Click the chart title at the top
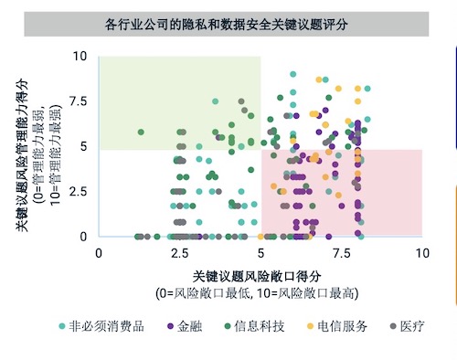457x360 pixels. (x=226, y=25)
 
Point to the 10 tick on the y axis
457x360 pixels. (x=80, y=56)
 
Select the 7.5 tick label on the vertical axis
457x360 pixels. (x=79, y=101)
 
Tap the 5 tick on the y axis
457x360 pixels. (x=83, y=146)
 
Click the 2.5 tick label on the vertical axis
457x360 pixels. (x=79, y=192)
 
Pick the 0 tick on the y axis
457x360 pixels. (x=83, y=237)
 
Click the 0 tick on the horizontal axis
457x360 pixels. (x=99, y=253)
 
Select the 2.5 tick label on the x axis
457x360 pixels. (x=180, y=253)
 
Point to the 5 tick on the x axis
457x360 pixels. (x=260, y=253)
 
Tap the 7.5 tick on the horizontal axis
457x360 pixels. (x=342, y=253)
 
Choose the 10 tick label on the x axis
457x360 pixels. (x=422, y=253)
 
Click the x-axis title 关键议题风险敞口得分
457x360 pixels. (x=257, y=276)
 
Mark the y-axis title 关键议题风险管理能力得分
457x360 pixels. (x=22, y=155)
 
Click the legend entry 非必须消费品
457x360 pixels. (x=101, y=326)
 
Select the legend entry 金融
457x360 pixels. (x=185, y=326)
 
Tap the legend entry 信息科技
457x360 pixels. (x=254, y=326)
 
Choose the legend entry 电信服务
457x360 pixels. (x=337, y=326)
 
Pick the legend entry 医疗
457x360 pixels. (x=407, y=326)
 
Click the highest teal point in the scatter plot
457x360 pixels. (x=293, y=74)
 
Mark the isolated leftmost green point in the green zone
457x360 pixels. (x=141, y=132)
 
